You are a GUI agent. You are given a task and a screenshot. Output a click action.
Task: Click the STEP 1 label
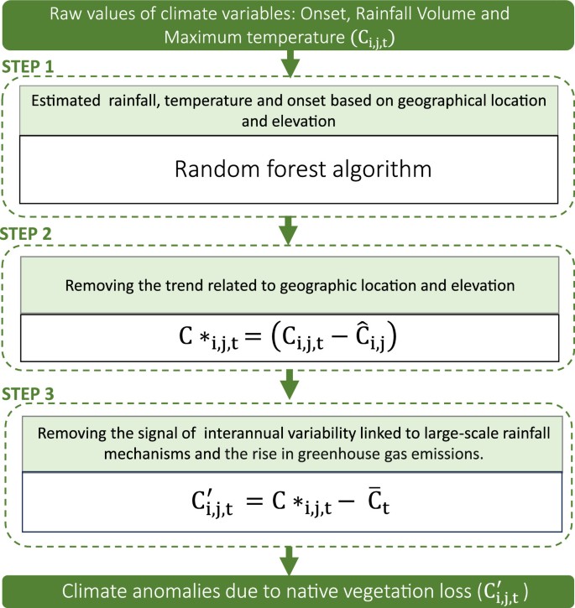(30, 64)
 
